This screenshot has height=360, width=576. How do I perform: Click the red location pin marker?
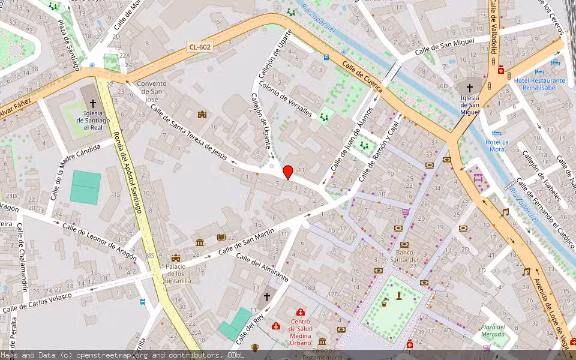click(x=288, y=172)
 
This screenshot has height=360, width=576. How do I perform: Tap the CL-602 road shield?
click(x=200, y=47)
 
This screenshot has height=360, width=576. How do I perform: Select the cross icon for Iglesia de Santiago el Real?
click(x=92, y=104)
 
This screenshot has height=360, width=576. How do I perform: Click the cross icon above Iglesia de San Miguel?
click(x=469, y=88)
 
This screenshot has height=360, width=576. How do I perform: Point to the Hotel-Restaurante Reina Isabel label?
click(x=539, y=84)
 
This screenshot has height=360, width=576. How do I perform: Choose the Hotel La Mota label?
click(x=497, y=145)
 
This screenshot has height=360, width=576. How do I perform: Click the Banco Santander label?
click(x=404, y=256)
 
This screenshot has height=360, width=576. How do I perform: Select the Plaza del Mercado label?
click(x=493, y=331)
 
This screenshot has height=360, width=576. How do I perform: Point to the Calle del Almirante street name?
click(x=262, y=267)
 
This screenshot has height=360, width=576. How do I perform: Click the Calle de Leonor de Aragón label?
click(x=99, y=241)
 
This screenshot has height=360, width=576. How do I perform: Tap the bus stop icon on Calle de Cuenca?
click(x=326, y=58)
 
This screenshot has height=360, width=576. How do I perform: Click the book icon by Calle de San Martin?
click(x=221, y=238)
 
